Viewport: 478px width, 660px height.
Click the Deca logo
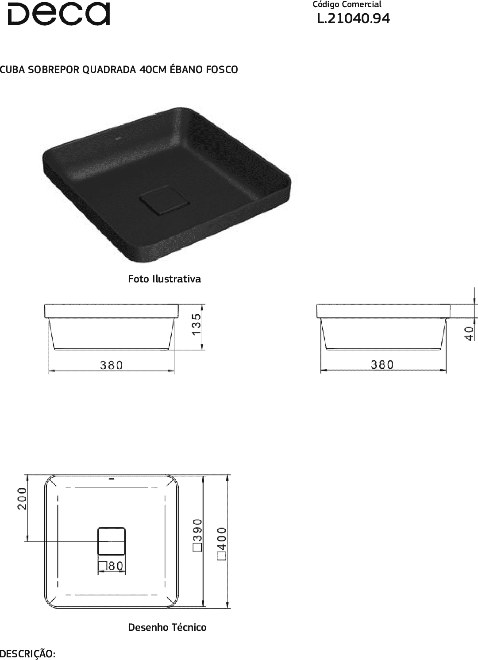coord(59,14)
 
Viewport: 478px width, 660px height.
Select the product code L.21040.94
coord(354,18)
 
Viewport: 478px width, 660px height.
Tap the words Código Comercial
coord(347,4)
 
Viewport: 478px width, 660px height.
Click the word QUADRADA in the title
coord(109,69)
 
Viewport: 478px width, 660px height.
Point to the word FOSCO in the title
coord(222,69)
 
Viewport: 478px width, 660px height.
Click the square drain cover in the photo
coord(164,201)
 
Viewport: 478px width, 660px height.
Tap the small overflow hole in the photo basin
coord(119,138)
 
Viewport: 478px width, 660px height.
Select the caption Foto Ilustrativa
coord(164,279)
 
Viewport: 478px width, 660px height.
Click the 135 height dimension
coord(196,324)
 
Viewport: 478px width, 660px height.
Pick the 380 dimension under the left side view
coord(112,365)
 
